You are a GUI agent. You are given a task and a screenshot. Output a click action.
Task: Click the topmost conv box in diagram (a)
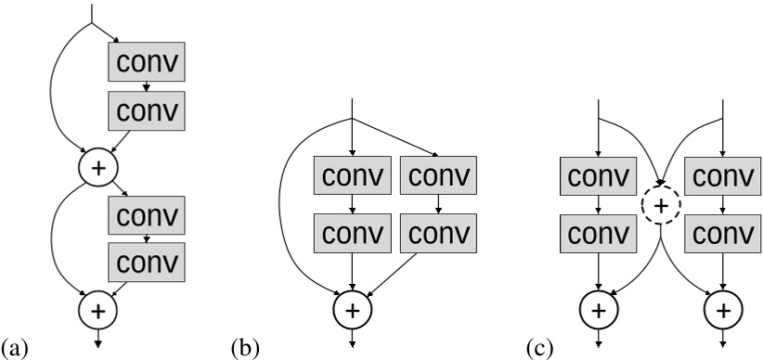pos(148,62)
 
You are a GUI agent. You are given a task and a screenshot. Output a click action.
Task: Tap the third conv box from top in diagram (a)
pos(148,215)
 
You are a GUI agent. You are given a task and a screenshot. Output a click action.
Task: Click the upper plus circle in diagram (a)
pos(98,169)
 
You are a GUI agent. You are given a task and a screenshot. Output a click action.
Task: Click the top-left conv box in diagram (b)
pos(352,178)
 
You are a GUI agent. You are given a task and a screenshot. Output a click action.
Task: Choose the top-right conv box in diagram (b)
pos(438,178)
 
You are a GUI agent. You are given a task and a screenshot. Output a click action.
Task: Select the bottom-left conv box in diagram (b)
pos(352,231)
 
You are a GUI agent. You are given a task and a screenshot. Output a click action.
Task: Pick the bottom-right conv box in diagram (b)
pos(438,231)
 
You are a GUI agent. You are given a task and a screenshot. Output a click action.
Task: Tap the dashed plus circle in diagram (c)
pos(660,205)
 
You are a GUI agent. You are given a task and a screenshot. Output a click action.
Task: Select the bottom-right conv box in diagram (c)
pos(721,231)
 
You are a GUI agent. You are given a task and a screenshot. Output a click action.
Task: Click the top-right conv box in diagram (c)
pos(721,178)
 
